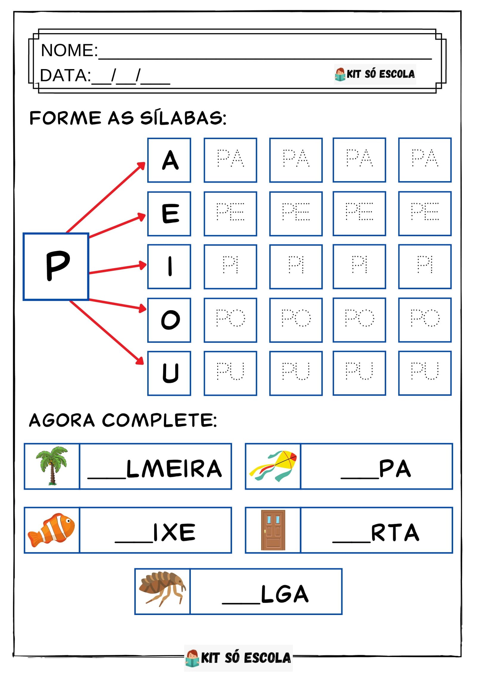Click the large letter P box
pos(56,266)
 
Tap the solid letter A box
pos(169,160)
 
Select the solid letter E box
pos(169,213)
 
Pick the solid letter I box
pos(169,266)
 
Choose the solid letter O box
pos(169,320)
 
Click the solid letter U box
pos(169,373)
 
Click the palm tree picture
pos(52,466)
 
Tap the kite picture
pos(273,466)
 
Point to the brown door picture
pos(273,530)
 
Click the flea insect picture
pos(162,591)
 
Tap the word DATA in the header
pos(65,75)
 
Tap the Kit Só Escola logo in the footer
pos(238,658)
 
